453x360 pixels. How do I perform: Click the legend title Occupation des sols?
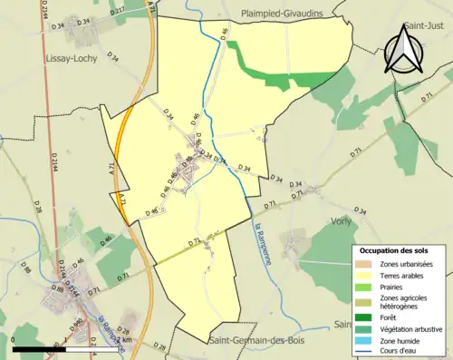click(396, 249)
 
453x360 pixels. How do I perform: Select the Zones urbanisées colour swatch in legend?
click(362, 264)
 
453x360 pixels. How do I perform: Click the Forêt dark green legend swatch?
click(362, 316)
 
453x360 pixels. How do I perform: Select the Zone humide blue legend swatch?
click(362, 338)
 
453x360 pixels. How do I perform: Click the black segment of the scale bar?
click(42, 349)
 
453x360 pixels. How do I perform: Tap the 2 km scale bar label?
click(127, 340)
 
